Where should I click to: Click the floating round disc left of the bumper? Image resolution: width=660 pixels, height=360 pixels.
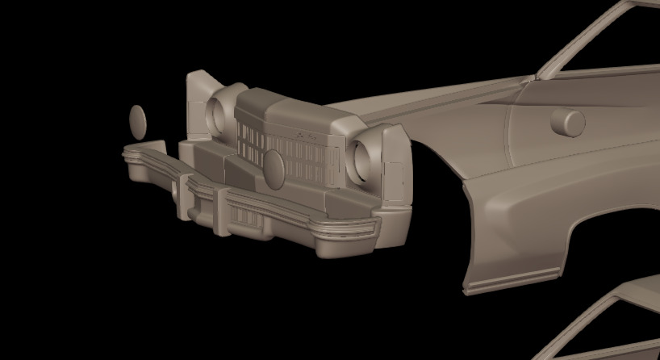point(138,121)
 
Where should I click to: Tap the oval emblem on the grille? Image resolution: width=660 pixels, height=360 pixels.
point(274,167)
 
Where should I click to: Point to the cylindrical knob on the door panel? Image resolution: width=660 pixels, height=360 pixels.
point(568,122)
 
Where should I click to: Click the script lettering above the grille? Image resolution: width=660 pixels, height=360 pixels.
point(304,135)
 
